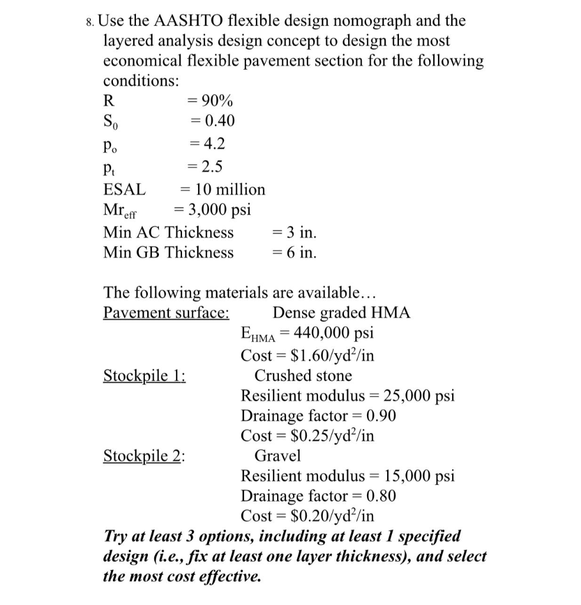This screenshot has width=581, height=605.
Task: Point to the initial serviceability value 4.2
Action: point(214,144)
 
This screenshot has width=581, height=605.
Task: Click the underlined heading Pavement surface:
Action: point(167,313)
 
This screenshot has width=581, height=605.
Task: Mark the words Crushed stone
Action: point(303,376)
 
